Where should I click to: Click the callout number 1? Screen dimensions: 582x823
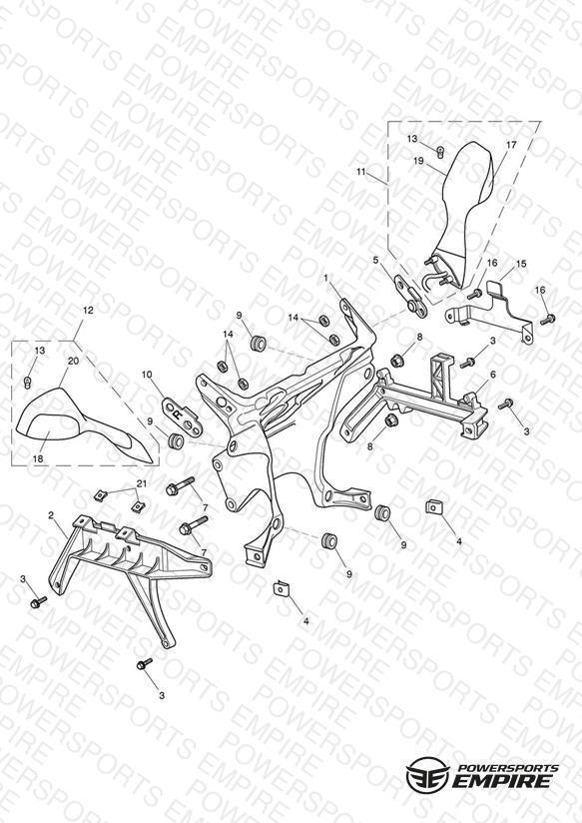point(325,277)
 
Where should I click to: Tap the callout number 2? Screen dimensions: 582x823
point(51,515)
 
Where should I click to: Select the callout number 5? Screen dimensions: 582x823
point(375,260)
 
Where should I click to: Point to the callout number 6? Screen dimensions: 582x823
point(493,375)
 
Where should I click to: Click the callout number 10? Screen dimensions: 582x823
point(147,375)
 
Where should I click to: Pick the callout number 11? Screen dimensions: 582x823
point(360,172)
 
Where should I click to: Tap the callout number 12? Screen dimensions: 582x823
point(88,311)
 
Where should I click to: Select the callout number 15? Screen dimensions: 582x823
point(520,264)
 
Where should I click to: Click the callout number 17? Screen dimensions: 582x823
point(511,145)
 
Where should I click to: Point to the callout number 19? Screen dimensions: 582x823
point(418,161)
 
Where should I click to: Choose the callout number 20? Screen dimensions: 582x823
point(73,361)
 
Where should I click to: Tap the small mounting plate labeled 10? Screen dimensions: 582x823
point(181,414)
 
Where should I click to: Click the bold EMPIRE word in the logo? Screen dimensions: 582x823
point(504,780)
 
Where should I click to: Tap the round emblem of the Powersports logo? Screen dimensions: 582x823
point(428,773)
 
